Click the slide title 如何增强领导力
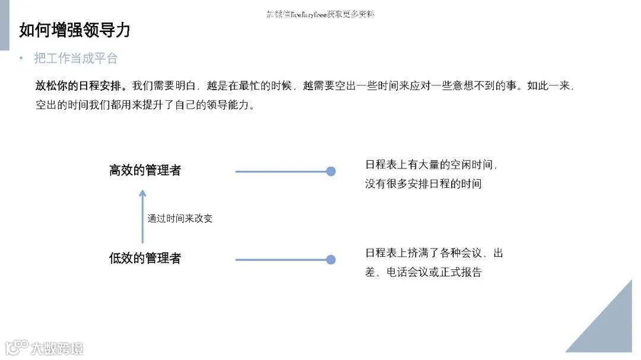click(x=75, y=30)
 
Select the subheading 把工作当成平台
click(x=75, y=58)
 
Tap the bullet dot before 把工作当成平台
click(x=21, y=58)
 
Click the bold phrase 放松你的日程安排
click(x=81, y=85)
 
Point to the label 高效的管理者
click(x=145, y=171)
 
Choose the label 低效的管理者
click(x=145, y=259)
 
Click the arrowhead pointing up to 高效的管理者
click(x=142, y=193)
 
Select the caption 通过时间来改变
click(x=180, y=218)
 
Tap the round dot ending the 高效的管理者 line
click(x=331, y=171)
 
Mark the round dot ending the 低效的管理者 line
click(x=331, y=259)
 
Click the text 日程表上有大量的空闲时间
click(x=430, y=165)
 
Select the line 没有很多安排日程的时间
click(x=423, y=184)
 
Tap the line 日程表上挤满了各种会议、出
click(x=434, y=253)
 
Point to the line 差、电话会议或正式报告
click(x=423, y=272)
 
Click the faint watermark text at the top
click(x=320, y=14)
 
